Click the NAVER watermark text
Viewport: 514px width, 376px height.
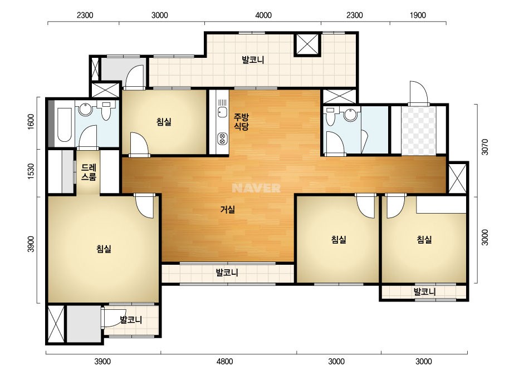point(256,188)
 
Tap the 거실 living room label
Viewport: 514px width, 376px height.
point(228,209)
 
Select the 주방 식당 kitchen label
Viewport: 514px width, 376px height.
point(241,121)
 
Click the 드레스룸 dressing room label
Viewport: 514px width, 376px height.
point(89,172)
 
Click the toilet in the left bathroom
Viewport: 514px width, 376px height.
point(106,111)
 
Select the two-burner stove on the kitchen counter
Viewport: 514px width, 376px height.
point(222,138)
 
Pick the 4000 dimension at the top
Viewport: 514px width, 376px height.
point(263,15)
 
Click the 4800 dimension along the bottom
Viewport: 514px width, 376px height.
point(225,362)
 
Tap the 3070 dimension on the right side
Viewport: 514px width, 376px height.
point(485,147)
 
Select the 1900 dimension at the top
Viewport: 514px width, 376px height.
point(418,15)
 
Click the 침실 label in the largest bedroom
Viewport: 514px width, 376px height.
point(104,249)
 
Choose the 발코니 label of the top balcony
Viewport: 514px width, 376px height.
point(253,60)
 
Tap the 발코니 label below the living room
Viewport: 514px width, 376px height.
point(227,273)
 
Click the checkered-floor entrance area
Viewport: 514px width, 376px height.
point(419,130)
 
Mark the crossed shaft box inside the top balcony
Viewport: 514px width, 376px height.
point(307,44)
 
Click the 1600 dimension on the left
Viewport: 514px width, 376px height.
point(31,122)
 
